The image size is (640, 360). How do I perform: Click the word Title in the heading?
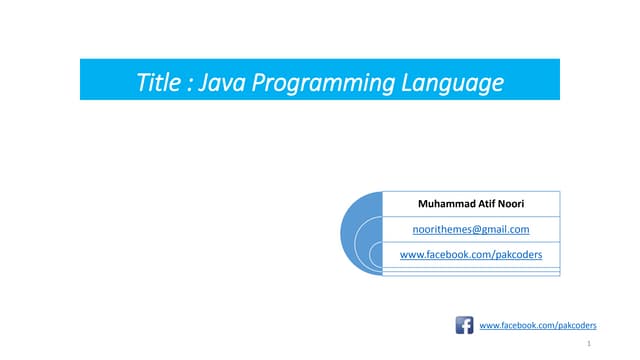159,81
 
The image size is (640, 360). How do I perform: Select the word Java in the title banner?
218,81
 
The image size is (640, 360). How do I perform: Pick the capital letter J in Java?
202,81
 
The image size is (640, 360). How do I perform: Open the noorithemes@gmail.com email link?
471,230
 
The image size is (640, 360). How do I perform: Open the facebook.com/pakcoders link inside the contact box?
471,255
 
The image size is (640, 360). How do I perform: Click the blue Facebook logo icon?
464,325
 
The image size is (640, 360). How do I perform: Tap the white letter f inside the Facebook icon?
465,326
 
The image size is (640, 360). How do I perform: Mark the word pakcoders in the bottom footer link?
574,326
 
